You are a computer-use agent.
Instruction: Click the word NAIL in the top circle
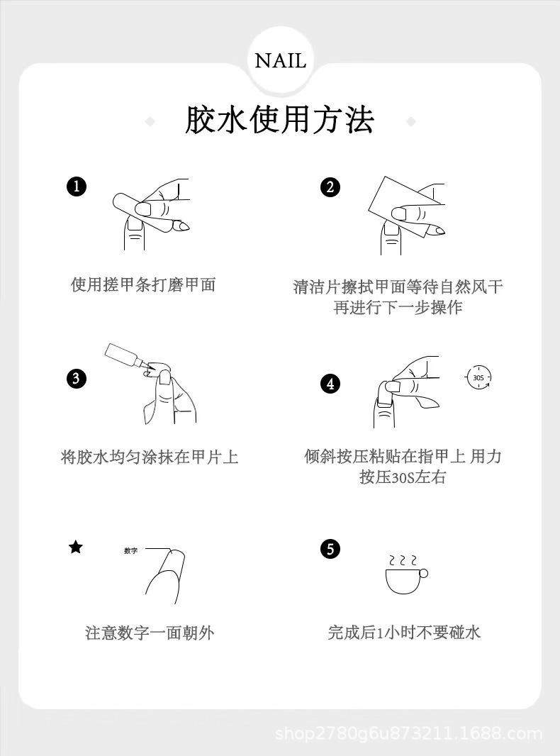point(280,61)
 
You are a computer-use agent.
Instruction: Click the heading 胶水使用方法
point(279,120)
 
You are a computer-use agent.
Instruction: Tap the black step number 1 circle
point(76,187)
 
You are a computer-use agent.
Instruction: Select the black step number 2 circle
point(330,187)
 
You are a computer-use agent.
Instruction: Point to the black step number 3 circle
point(76,378)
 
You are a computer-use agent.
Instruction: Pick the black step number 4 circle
point(330,384)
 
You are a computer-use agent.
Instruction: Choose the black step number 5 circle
point(330,549)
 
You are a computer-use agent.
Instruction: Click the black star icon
point(76,547)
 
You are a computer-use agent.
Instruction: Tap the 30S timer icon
point(478,377)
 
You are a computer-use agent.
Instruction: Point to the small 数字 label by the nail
point(130,550)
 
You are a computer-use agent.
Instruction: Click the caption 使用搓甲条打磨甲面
point(143,285)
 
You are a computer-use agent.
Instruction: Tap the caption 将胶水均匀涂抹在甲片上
point(150,457)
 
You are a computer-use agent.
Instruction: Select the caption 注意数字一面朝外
point(150,633)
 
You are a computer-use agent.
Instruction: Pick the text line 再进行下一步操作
point(398,307)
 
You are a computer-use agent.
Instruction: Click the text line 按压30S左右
point(403,477)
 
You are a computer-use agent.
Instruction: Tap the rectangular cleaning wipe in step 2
point(405,205)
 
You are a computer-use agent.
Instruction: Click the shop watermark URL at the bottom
point(409,734)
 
